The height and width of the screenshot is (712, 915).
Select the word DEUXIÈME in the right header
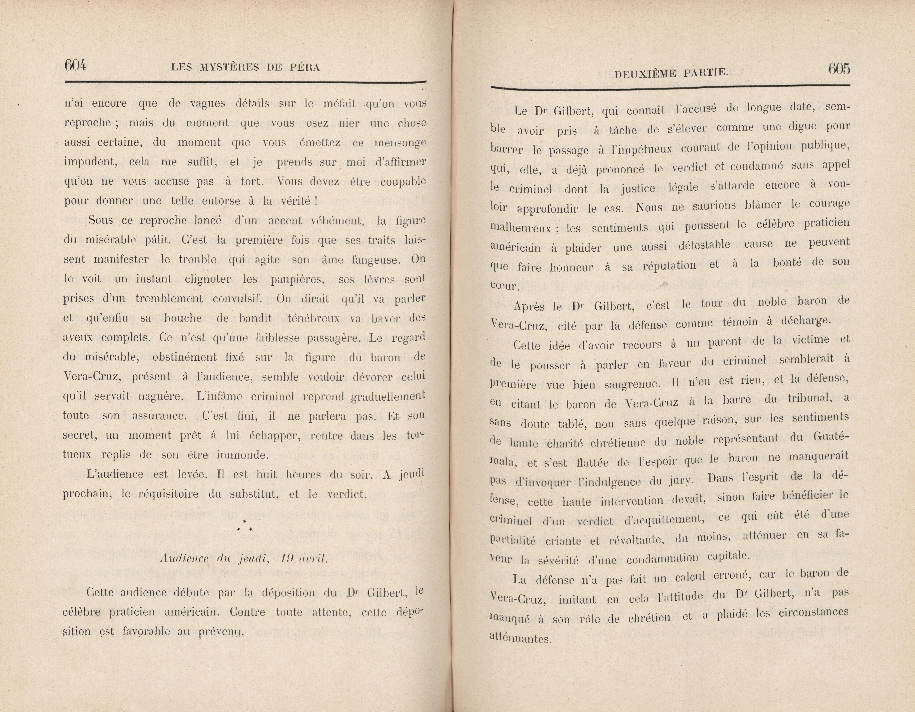pos(639,74)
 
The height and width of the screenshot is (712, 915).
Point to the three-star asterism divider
pos(244,526)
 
